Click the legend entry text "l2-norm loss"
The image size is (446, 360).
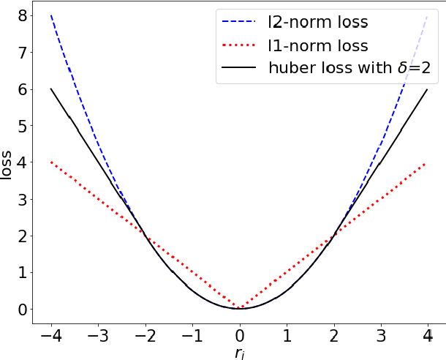click(x=318, y=22)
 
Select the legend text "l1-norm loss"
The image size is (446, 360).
click(x=317, y=45)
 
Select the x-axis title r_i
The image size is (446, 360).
click(x=239, y=353)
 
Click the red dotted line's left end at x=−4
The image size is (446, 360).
click(x=51, y=162)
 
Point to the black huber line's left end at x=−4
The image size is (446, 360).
click(x=51, y=89)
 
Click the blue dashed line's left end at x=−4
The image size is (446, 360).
click(x=51, y=15)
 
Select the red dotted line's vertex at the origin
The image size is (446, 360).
click(x=239, y=308)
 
